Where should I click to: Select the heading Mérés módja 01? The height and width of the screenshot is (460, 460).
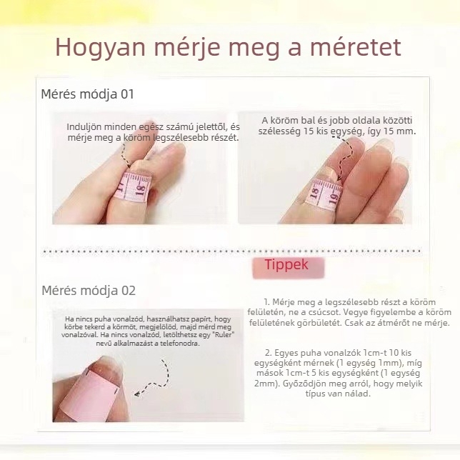(87, 94)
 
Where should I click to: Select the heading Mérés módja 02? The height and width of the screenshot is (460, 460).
(88, 290)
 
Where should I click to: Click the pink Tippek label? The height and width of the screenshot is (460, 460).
(286, 265)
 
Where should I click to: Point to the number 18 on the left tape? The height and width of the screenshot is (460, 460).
(140, 189)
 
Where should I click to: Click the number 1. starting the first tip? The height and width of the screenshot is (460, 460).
(266, 303)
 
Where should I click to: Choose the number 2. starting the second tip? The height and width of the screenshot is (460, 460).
(268, 353)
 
